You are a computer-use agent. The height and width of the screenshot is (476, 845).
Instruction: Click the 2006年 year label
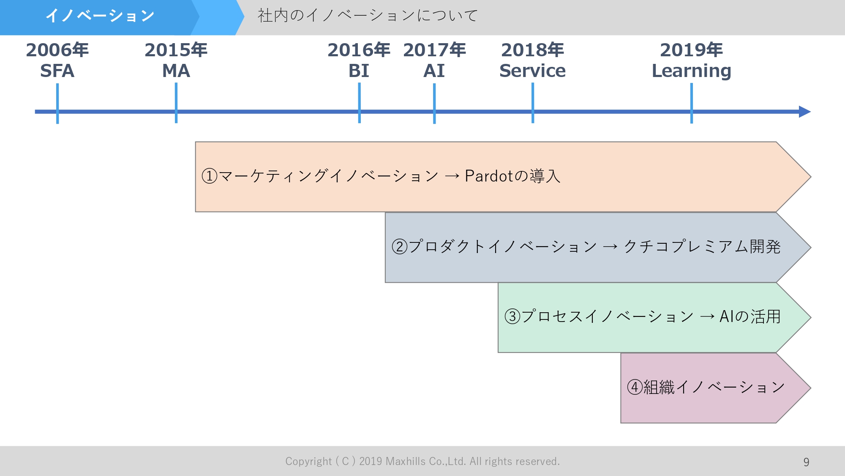pyautogui.click(x=57, y=50)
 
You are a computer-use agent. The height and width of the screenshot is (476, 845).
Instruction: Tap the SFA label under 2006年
pyautogui.click(x=57, y=71)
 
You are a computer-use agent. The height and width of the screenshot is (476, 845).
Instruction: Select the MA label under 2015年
pyautogui.click(x=176, y=71)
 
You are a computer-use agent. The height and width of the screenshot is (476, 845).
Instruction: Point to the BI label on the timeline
pyautogui.click(x=359, y=71)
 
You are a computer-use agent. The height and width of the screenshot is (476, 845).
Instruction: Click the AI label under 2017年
pyautogui.click(x=434, y=71)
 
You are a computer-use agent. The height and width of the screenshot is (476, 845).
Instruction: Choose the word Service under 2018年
pyautogui.click(x=532, y=71)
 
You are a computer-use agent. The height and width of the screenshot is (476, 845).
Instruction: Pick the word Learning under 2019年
pyautogui.click(x=691, y=71)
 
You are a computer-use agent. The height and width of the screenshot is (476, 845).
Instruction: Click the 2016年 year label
pyautogui.click(x=359, y=50)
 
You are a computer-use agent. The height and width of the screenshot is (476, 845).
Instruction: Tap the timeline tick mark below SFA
pyautogui.click(x=57, y=104)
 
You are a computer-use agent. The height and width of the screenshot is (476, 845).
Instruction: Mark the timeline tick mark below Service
pyautogui.click(x=533, y=104)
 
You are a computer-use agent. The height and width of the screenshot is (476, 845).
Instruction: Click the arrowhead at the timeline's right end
pyautogui.click(x=804, y=112)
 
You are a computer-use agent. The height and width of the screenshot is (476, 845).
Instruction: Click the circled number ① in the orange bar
pyautogui.click(x=210, y=176)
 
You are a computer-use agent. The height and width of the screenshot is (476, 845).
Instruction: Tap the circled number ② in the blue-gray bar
pyautogui.click(x=399, y=246)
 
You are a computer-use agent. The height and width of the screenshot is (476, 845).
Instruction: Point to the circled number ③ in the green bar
pyautogui.click(x=512, y=316)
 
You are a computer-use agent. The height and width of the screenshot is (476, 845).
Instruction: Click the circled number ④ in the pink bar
pyautogui.click(x=635, y=387)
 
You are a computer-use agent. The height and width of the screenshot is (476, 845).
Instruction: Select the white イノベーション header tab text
pyautogui.click(x=100, y=16)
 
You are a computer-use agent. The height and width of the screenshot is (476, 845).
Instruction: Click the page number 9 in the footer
pyautogui.click(x=806, y=462)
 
